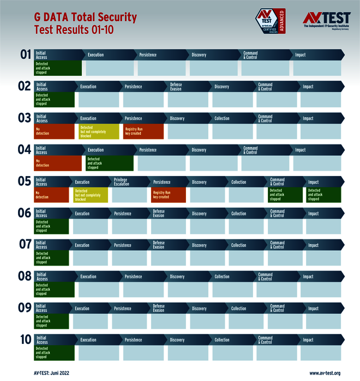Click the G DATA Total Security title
(86, 18)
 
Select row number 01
(26, 55)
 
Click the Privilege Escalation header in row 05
(121, 182)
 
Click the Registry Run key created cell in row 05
(168, 195)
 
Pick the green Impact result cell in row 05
(323, 195)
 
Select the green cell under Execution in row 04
(109, 163)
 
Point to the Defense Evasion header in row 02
(176, 87)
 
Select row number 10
(26, 339)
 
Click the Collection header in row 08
(222, 276)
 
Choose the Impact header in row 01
(301, 55)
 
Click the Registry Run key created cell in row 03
(143, 131)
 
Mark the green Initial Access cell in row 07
(52, 258)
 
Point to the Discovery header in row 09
(199, 309)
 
